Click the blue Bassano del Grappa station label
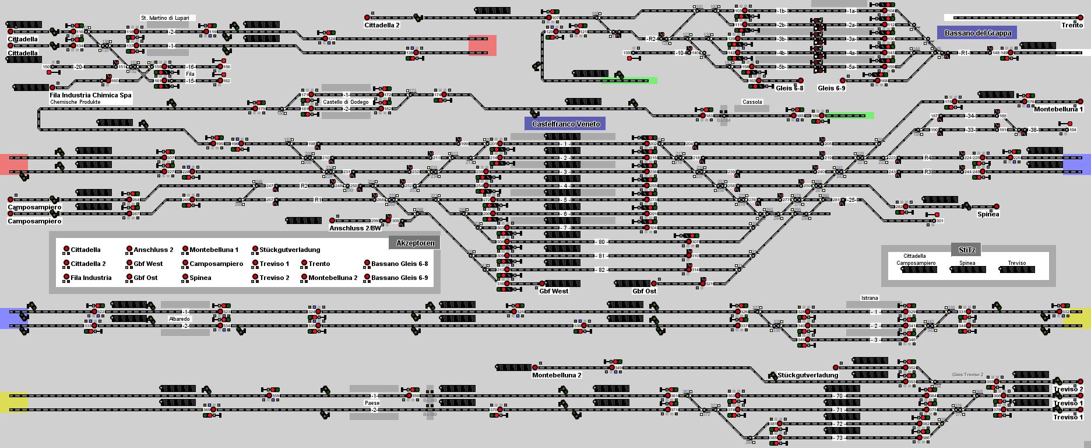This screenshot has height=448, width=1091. pyautogui.click(x=977, y=33)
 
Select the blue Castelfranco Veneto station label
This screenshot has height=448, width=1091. pyautogui.click(x=565, y=124)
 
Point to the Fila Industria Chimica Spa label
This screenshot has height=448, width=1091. pyautogui.click(x=90, y=94)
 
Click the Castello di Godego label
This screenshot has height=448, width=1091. pyautogui.click(x=346, y=102)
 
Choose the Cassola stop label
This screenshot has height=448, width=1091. pyautogui.click(x=752, y=102)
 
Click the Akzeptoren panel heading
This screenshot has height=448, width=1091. pyautogui.click(x=415, y=243)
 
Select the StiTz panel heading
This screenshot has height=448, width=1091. pyautogui.click(x=966, y=250)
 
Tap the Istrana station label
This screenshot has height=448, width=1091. pyautogui.click(x=869, y=298)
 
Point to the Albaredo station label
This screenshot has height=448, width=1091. pyautogui.click(x=179, y=319)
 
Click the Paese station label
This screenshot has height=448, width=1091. pyautogui.click(x=372, y=403)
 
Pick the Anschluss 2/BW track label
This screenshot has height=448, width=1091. pyautogui.click(x=355, y=228)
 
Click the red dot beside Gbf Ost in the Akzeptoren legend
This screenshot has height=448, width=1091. pyautogui.click(x=129, y=278)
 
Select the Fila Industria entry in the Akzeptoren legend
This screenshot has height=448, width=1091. pyautogui.click(x=91, y=278)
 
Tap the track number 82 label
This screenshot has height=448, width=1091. pyautogui.click(x=601, y=270)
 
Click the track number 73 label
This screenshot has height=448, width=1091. pyautogui.click(x=839, y=438)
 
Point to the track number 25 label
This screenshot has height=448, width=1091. pyautogui.click(x=851, y=200)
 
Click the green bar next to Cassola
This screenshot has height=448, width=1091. pyautogui.click(x=850, y=116)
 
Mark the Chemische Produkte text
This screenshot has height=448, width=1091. pyautogui.click(x=75, y=102)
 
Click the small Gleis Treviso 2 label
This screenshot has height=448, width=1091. pyautogui.click(x=967, y=374)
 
